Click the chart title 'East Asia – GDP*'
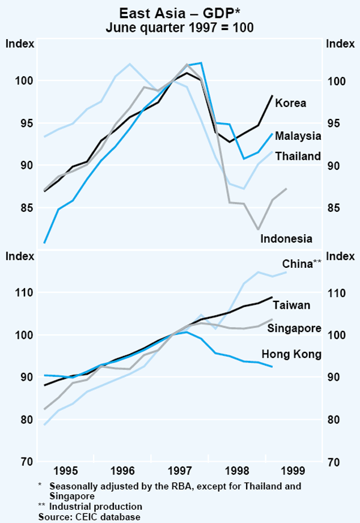click(179, 13)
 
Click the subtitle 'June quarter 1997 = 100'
click(179, 27)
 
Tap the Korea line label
click(290, 103)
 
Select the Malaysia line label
click(298, 136)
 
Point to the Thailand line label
click(298, 156)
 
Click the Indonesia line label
click(286, 238)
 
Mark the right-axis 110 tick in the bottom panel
click(334, 293)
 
